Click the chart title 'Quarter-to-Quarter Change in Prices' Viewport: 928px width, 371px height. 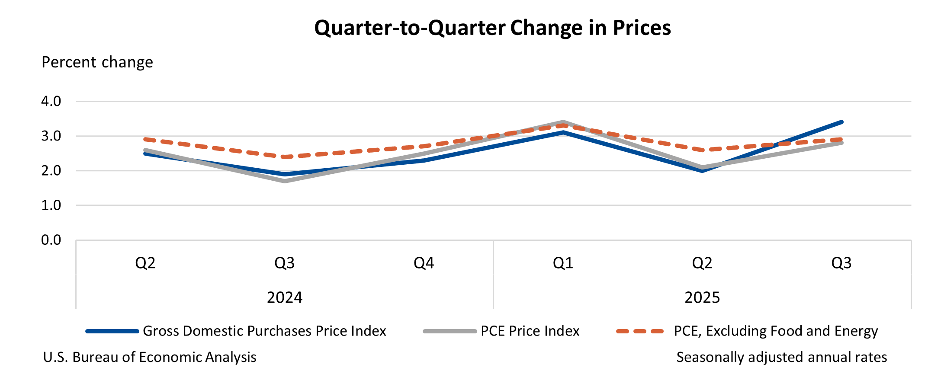tap(492, 28)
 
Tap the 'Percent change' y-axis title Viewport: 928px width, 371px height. tap(97, 62)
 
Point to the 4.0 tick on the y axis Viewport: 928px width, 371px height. tap(51, 102)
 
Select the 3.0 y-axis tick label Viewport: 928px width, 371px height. tap(51, 136)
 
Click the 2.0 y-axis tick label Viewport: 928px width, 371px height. tap(51, 171)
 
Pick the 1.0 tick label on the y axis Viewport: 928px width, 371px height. tap(51, 205)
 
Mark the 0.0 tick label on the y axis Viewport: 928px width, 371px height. tap(51, 240)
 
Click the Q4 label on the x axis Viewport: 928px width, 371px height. tap(424, 263)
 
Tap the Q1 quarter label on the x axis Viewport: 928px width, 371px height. tap(563, 263)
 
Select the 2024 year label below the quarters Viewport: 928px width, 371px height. tap(284, 297)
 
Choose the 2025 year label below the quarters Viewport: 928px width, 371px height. tap(702, 297)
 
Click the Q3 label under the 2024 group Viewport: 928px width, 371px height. tap(284, 263)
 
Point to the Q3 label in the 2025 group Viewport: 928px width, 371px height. tap(841, 263)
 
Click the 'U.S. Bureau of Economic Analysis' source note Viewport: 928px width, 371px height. tap(150, 357)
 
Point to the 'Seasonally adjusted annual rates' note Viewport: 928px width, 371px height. tap(781, 357)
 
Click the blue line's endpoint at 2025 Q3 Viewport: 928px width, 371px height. tap(841, 122)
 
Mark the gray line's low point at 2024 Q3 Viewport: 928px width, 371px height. tap(284, 181)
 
